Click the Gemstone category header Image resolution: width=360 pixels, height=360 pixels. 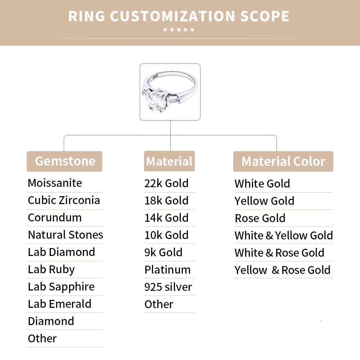[65, 161]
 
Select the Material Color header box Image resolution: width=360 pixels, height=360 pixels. [283, 161]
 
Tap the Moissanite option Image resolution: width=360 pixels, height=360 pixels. [55, 183]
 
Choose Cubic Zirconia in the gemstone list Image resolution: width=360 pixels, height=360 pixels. [64, 200]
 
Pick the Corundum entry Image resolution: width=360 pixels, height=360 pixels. [55, 217]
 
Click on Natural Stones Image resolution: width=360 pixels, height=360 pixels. [66, 235]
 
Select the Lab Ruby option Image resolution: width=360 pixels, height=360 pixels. [51, 269]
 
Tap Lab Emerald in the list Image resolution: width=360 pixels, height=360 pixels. [59, 304]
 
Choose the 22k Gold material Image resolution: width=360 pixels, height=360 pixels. [166, 183]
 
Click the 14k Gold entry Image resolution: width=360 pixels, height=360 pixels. [166, 218]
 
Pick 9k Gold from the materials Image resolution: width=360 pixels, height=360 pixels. [163, 252]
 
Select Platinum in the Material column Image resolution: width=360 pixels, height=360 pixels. [167, 270]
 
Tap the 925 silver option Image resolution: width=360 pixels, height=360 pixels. [168, 287]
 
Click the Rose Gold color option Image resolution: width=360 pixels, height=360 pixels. [260, 218]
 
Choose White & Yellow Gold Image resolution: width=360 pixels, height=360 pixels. [284, 235]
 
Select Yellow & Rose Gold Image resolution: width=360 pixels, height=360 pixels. [283, 270]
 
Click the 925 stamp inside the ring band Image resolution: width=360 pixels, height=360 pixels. [156, 77]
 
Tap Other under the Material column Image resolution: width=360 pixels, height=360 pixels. [159, 304]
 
